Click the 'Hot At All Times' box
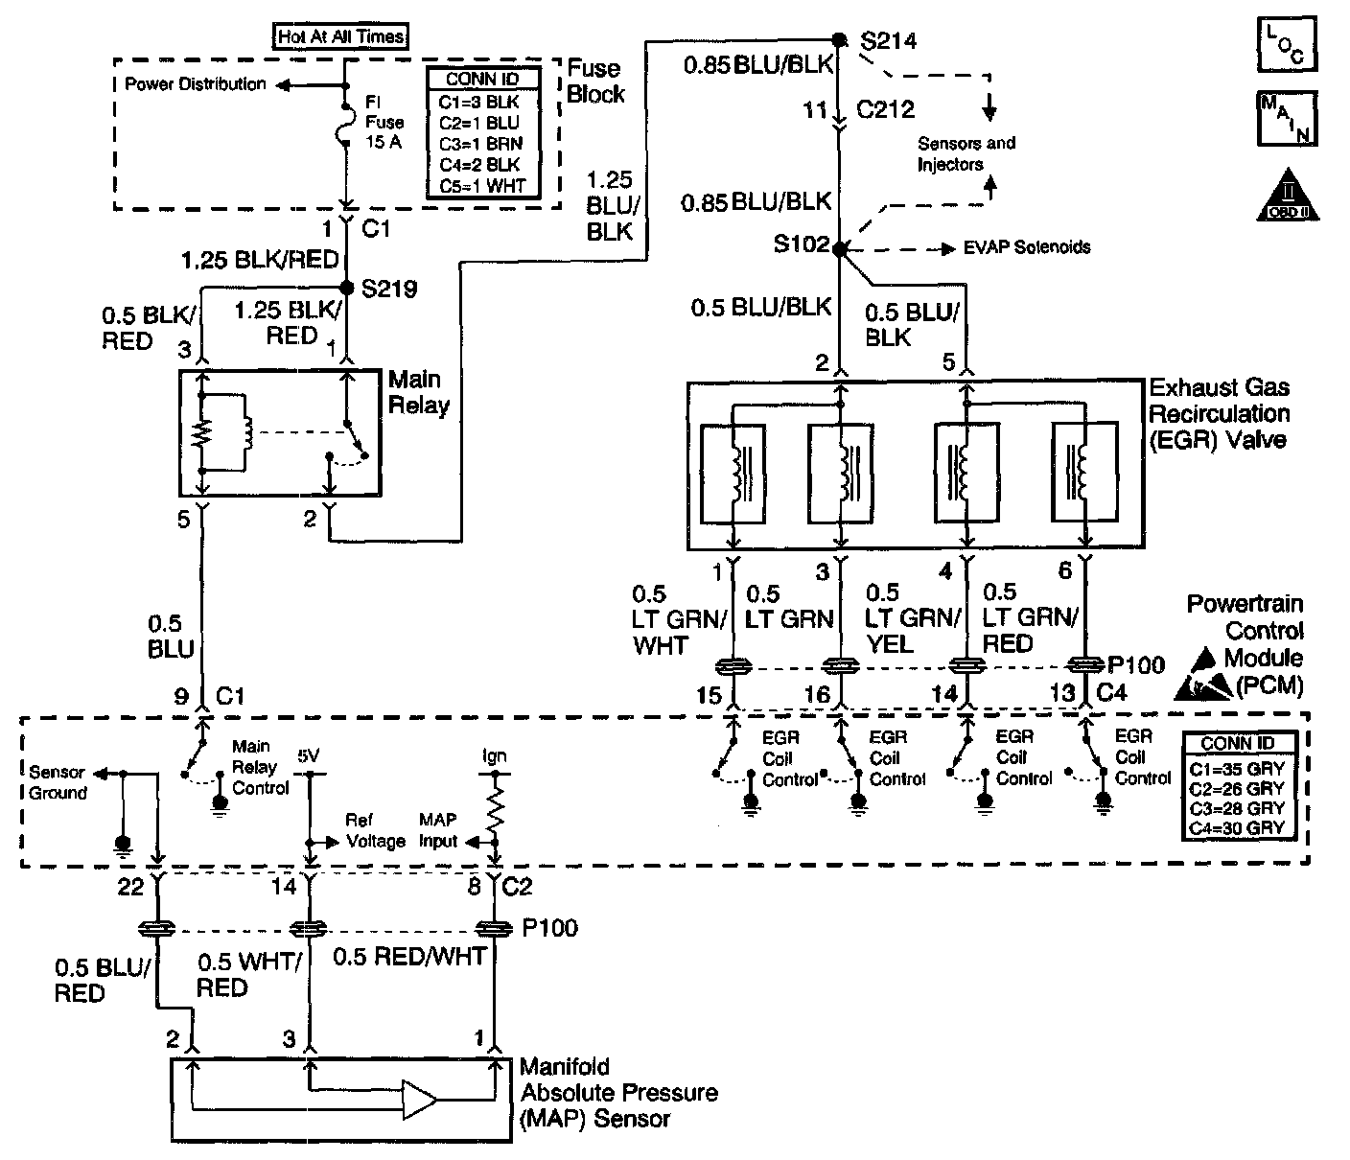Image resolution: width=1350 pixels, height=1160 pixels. pos(340,36)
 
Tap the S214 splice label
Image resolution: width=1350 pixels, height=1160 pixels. pos(888,41)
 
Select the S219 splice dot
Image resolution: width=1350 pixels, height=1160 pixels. pos(347,288)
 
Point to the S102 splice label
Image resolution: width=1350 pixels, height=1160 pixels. pos(801,244)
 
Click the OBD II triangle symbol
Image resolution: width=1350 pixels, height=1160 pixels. pos(1288,196)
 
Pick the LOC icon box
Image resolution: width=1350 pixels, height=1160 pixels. pos(1287,44)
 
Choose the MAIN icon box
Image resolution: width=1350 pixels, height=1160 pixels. pos(1287,119)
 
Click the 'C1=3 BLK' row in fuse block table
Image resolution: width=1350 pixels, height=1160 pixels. pos(479,103)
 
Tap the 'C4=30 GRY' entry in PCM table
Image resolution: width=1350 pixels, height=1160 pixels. pos(1236,828)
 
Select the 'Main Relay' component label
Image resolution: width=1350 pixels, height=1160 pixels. pos(419,392)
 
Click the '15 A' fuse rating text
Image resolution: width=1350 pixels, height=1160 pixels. pos(384,142)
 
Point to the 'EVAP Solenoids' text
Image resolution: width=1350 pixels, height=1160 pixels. pos(1027,247)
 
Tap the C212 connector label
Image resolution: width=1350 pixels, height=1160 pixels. pos(885,109)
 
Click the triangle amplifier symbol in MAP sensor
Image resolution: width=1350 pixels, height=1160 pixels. pos(419,1100)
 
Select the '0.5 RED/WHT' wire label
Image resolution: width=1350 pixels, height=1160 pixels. pos(409,957)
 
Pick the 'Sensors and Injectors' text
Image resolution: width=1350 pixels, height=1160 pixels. pos(966,153)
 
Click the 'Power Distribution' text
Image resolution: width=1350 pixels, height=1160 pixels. pos(196,84)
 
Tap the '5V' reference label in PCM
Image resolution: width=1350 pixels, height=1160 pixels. pos(309,755)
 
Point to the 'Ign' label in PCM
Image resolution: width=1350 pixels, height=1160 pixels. pos(495,756)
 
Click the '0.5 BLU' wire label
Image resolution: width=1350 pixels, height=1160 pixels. pos(171,637)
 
